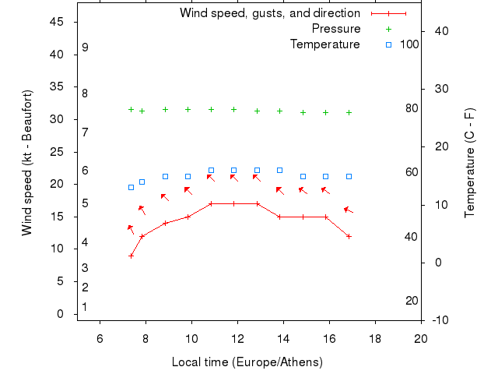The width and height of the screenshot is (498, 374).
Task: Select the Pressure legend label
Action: coord(336,29)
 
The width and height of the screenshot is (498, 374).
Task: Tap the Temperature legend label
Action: coord(325,44)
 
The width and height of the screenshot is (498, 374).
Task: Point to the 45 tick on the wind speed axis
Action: coord(57,22)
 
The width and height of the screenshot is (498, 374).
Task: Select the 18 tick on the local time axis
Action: coord(375,338)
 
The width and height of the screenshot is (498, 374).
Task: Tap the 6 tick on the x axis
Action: coord(100,338)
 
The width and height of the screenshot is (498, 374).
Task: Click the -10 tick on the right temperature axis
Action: coord(440,320)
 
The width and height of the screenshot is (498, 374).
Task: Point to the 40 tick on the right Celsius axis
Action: coord(440,30)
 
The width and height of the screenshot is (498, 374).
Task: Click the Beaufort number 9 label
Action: coord(85,48)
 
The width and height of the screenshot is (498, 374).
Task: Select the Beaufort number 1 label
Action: coord(85,307)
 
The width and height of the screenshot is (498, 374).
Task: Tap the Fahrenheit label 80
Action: coord(412,108)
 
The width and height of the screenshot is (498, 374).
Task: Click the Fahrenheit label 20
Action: coord(412,301)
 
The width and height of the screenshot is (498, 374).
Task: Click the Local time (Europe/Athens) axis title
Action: coord(247,362)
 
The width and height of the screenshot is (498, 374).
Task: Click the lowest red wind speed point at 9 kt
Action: coord(131,256)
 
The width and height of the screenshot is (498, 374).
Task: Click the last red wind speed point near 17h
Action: coord(349,236)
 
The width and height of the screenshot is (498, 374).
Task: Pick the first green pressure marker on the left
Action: coord(131,110)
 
